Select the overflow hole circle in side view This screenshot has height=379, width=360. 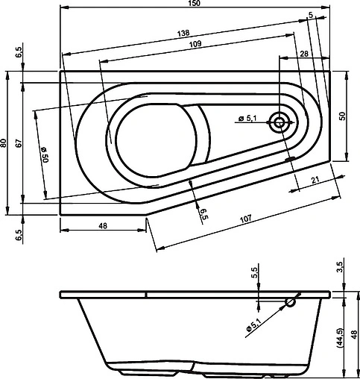[291, 302]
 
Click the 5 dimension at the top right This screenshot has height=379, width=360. [309, 15]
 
